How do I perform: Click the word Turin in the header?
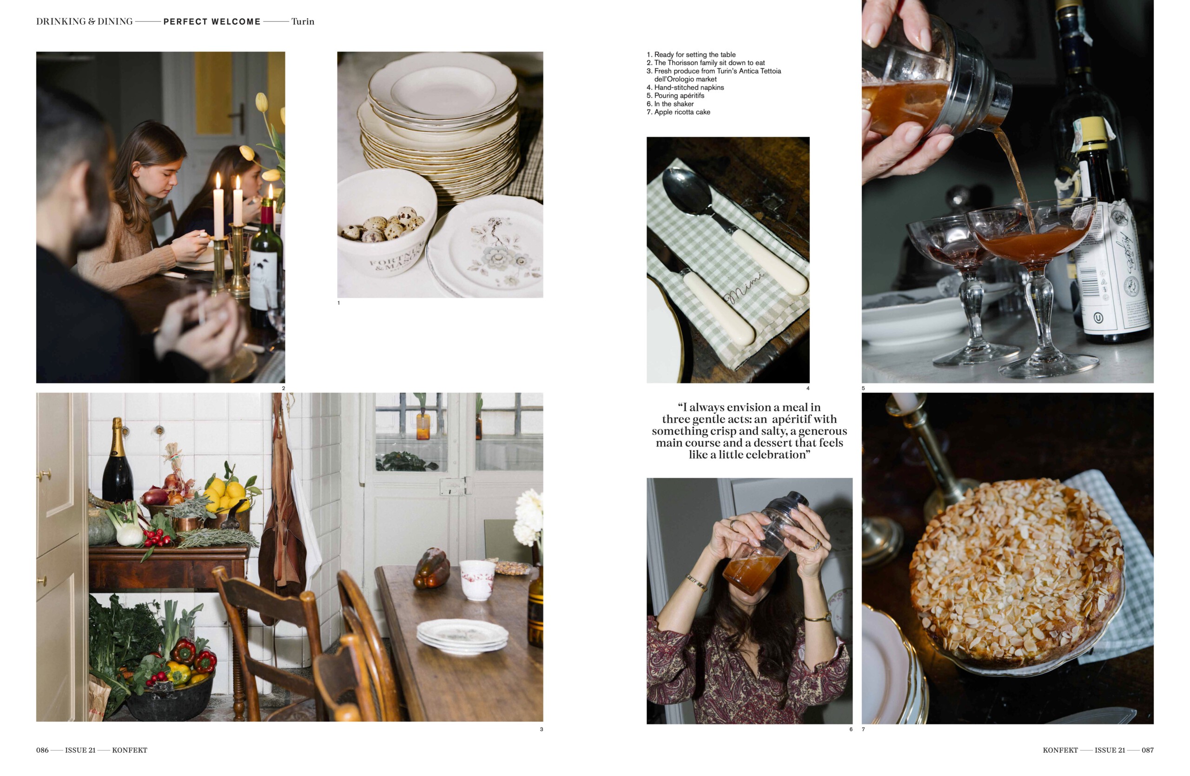point(303,21)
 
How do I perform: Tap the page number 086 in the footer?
point(42,750)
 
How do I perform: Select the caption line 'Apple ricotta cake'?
point(682,112)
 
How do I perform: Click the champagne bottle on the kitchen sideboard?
point(118,461)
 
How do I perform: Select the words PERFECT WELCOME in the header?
point(212,21)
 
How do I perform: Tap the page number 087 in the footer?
point(1148,750)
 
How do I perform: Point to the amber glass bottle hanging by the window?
point(423,426)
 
